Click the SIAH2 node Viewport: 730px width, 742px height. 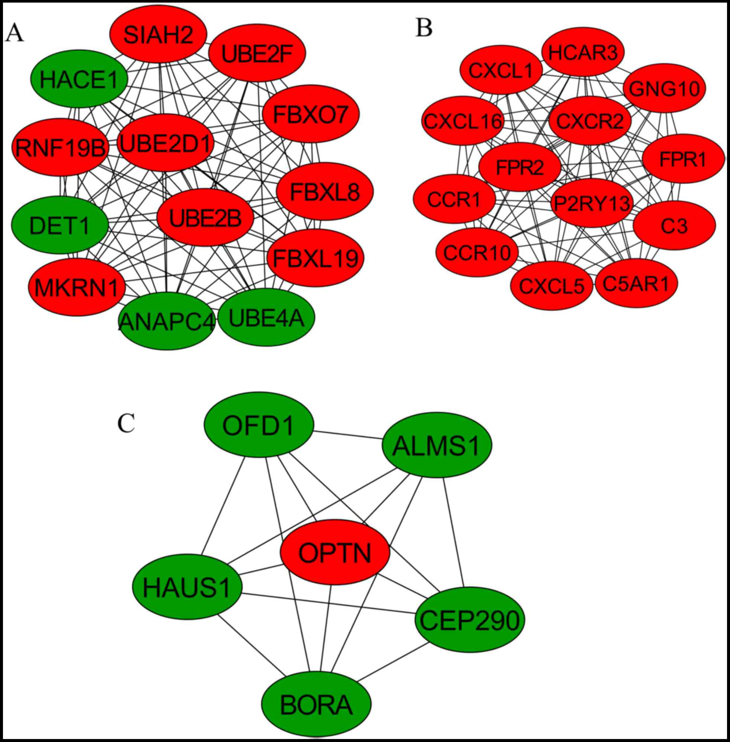point(158,35)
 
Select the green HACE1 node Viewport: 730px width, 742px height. point(79,78)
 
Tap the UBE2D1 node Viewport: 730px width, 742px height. point(166,143)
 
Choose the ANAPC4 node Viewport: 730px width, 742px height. point(166,321)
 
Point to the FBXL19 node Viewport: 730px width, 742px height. point(316,258)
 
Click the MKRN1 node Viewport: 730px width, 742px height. point(77,287)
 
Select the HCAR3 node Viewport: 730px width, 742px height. point(583,52)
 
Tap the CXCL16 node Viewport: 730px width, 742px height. point(463,121)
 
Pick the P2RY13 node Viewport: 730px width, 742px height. point(592,203)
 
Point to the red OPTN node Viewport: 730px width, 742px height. point(335,552)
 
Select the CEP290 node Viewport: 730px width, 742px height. point(470,620)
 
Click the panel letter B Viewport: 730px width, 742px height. point(424,28)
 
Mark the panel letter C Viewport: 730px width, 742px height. point(126,423)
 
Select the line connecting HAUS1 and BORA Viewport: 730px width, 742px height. point(251,645)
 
